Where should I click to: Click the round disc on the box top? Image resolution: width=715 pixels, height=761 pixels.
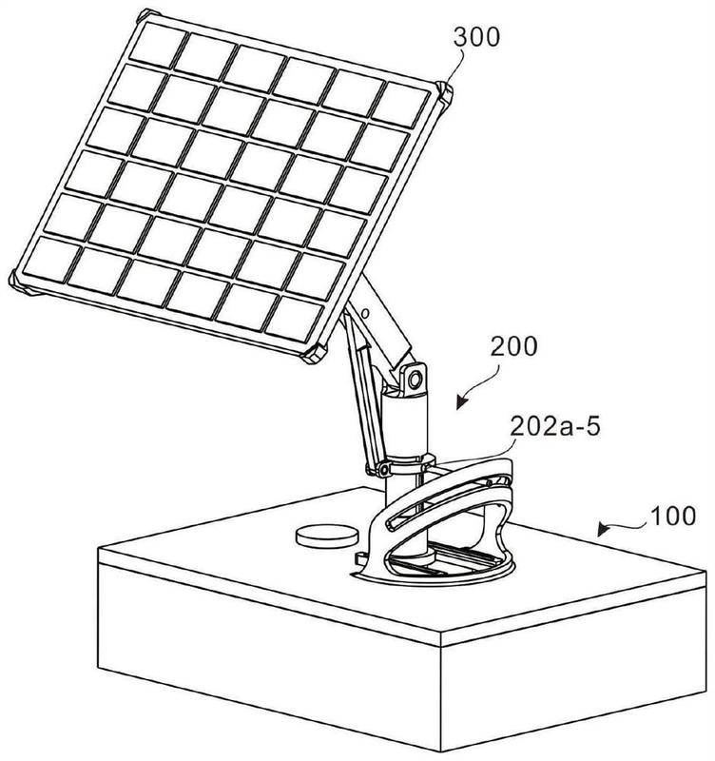(x=320, y=536)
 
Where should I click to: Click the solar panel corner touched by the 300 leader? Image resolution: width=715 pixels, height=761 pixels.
(x=445, y=92)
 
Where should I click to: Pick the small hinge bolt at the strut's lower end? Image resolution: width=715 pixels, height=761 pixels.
(x=380, y=469)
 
